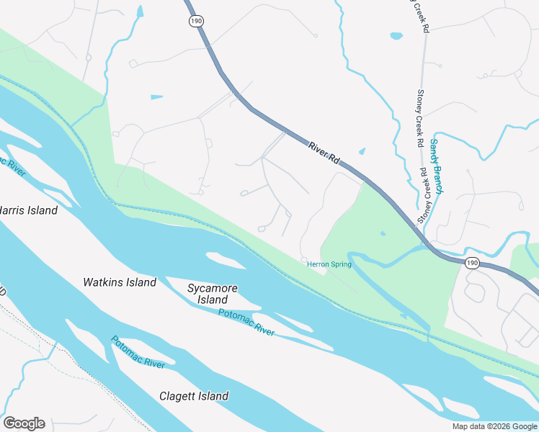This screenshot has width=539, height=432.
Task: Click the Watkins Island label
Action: click(x=120, y=282)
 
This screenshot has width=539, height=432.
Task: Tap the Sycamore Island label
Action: click(x=208, y=294)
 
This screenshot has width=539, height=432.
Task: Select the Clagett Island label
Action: click(x=194, y=396)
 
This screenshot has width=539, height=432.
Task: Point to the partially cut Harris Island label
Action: click(x=27, y=210)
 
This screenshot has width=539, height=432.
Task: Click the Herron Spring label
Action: click(x=329, y=264)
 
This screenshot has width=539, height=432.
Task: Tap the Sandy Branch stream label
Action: click(x=437, y=166)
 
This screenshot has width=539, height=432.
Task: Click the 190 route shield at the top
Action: click(x=197, y=22)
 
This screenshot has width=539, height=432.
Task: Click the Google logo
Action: click(x=24, y=423)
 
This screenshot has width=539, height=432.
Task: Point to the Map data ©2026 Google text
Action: click(x=495, y=426)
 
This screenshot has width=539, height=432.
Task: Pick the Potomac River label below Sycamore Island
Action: click(x=246, y=322)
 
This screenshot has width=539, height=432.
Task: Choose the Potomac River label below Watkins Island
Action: click(x=138, y=352)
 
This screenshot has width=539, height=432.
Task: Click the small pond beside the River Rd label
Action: click(x=362, y=151)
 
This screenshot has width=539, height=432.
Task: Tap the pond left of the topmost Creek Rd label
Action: click(x=396, y=35)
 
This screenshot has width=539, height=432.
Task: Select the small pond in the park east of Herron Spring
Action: click(x=383, y=233)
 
